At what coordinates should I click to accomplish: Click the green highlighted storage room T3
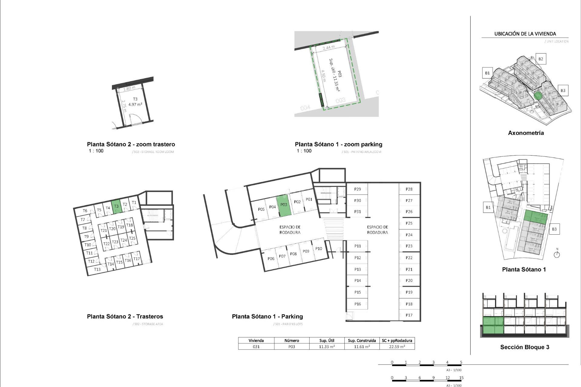click(x=116, y=207)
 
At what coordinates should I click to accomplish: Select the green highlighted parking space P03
click(x=284, y=206)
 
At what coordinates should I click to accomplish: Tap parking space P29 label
click(x=357, y=189)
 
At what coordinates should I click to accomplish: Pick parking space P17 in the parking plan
click(x=409, y=315)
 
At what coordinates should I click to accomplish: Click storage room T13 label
click(x=97, y=269)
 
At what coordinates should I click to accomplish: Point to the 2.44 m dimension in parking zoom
click(x=329, y=47)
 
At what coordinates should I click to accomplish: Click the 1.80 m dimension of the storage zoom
click(x=129, y=89)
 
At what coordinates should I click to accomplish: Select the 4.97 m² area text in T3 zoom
click(x=135, y=105)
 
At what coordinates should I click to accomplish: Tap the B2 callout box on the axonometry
click(x=540, y=59)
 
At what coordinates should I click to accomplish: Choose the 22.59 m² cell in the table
click(x=397, y=347)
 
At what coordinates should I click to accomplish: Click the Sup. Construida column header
click(x=362, y=340)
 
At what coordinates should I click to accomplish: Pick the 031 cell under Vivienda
click(x=256, y=347)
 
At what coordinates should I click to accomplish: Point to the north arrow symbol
click(x=557, y=254)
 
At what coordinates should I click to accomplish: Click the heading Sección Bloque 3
click(x=524, y=347)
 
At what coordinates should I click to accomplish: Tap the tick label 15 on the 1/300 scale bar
click(x=461, y=378)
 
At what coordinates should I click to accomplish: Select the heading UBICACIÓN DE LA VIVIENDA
click(x=525, y=34)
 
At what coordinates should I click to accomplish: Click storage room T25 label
click(x=132, y=238)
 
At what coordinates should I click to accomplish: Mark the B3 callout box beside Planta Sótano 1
click(x=554, y=229)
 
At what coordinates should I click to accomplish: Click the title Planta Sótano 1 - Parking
click(x=267, y=317)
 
